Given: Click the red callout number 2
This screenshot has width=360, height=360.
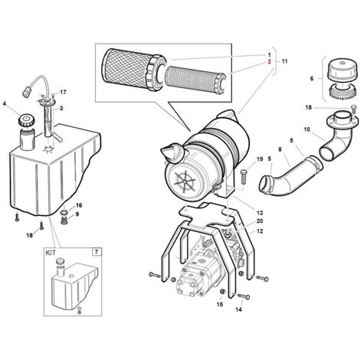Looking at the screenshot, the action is pyautogui.click(x=269, y=61).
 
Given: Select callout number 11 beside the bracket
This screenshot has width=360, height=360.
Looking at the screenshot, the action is pyautogui.click(x=285, y=61).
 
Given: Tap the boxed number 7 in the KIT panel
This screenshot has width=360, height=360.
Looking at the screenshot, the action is pyautogui.click(x=97, y=252).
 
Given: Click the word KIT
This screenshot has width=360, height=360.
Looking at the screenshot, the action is pyautogui.click(x=51, y=253).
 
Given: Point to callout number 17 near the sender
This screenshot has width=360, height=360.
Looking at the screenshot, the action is pyautogui.click(x=63, y=92).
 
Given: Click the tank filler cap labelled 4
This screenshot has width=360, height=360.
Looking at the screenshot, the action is pyautogui.click(x=26, y=119).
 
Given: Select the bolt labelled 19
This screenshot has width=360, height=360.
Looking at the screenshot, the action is pyautogui.click(x=243, y=176).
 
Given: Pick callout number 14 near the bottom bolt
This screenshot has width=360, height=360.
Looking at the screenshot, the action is pyautogui.click(x=238, y=309).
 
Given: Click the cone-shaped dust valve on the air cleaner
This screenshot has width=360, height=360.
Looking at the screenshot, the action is pyautogui.click(x=172, y=152).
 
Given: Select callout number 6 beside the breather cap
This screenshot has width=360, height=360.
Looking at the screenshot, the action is pyautogui.click(x=312, y=79).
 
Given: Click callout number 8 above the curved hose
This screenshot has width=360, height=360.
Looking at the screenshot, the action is pyautogui.click(x=280, y=149).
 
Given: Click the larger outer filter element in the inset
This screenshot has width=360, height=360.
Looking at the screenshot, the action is pyautogui.click(x=133, y=66).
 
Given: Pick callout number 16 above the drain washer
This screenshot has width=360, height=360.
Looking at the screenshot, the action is pyautogui.click(x=79, y=205).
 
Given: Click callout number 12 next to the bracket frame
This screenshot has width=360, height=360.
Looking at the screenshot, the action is pyautogui.click(x=260, y=231).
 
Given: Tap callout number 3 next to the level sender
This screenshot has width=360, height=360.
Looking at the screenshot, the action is pyautogui.click(x=61, y=108).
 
